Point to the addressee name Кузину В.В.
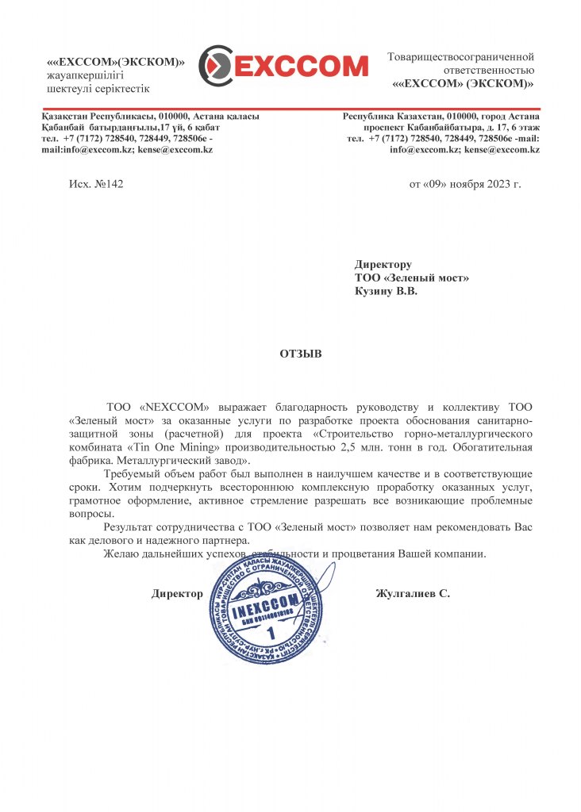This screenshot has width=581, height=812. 385,291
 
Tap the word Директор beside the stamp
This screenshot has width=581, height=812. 177,593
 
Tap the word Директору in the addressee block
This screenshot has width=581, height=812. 383,265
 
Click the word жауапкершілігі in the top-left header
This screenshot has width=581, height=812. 84,75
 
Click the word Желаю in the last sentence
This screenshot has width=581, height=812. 120,553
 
